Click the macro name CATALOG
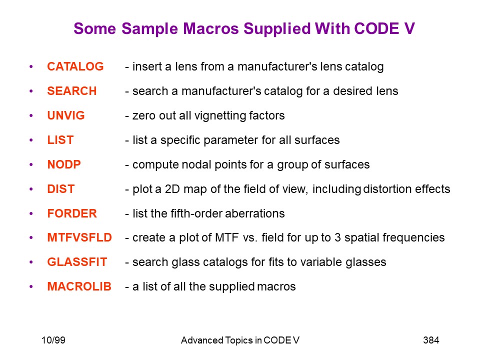75,66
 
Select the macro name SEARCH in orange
72,91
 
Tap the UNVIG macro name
66,115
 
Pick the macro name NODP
64,164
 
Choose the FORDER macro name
72,213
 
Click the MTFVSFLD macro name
79,237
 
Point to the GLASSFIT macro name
77,262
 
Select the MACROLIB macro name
79,286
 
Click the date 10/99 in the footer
53,340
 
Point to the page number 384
431,340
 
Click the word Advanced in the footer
202,340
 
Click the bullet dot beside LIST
31,140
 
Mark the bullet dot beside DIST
31,189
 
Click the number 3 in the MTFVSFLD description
337,237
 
